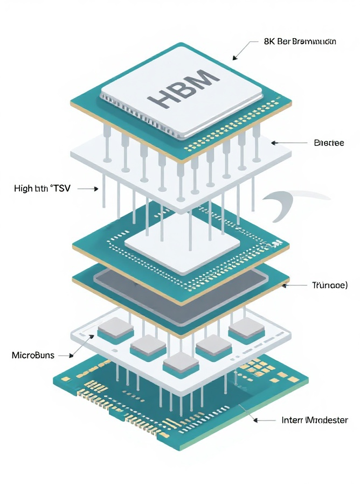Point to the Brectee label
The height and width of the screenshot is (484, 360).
(328, 143)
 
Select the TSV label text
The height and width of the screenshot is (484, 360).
(46, 188)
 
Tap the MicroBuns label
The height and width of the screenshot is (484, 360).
(33, 355)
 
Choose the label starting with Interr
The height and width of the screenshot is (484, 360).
(315, 420)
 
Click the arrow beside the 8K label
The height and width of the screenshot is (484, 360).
(242, 50)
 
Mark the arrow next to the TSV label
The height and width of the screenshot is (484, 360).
(89, 188)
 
